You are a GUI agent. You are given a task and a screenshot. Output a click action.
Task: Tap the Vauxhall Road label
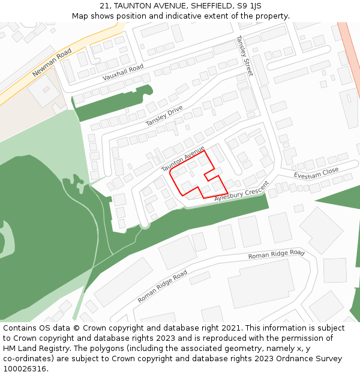tap(123, 72)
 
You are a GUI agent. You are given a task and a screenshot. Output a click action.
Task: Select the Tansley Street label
tap(244, 55)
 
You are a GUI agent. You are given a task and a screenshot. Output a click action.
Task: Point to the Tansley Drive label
tap(164, 116)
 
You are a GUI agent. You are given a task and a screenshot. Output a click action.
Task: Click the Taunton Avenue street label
tap(183, 158)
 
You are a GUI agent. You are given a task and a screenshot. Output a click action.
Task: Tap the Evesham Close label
tap(316, 173)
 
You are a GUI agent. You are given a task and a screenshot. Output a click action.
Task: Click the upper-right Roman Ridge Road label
tap(277, 254)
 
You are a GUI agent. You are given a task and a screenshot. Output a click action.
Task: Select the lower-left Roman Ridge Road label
tap(162, 286)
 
